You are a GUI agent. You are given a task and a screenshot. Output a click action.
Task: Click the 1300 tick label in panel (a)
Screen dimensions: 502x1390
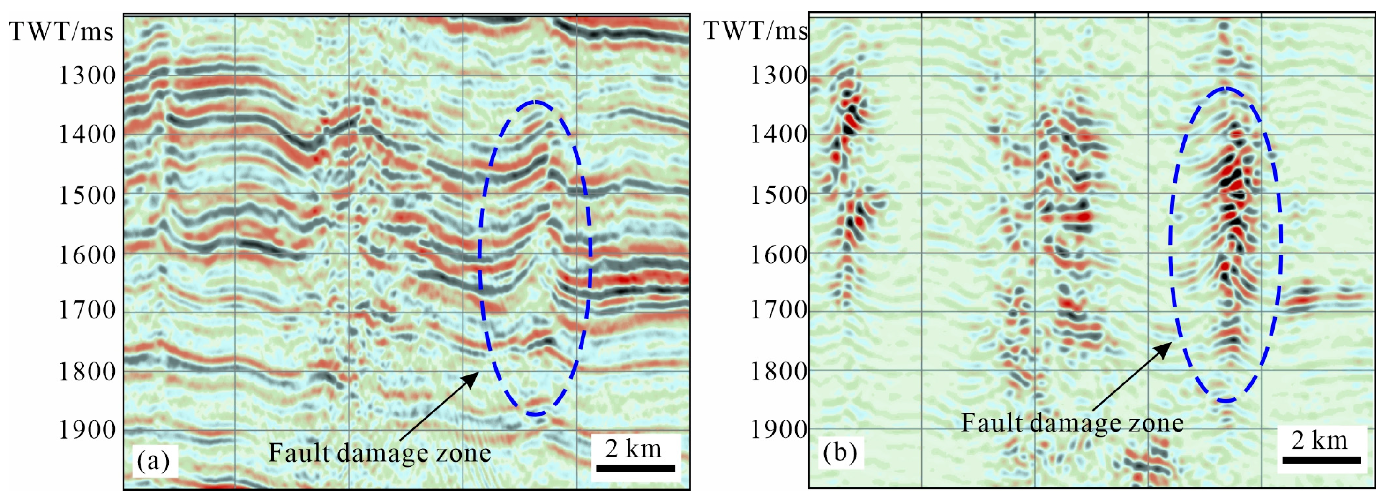[87, 75]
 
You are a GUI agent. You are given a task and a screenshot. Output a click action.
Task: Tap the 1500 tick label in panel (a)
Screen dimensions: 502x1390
[87, 195]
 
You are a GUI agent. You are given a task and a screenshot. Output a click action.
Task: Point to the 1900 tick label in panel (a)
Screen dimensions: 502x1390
[87, 430]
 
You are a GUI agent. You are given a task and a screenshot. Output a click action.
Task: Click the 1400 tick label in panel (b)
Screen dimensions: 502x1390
[778, 134]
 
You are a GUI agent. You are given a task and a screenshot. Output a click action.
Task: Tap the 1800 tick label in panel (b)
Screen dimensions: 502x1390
[778, 371]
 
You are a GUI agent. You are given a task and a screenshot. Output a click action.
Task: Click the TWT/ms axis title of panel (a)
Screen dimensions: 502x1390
[61, 31]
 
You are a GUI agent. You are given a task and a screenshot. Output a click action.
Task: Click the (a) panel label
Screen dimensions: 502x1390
[153, 460]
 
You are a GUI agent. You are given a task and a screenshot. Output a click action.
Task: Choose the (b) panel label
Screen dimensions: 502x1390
[840, 452]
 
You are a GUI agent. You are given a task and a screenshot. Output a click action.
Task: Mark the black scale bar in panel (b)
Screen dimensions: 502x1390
[1322, 460]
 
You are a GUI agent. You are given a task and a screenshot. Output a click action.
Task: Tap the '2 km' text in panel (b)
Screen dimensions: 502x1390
[1319, 440]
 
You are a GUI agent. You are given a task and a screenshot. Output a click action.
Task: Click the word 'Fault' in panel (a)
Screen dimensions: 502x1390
[295, 452]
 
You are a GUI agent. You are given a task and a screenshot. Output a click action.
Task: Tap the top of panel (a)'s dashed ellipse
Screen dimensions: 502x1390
[535, 102]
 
